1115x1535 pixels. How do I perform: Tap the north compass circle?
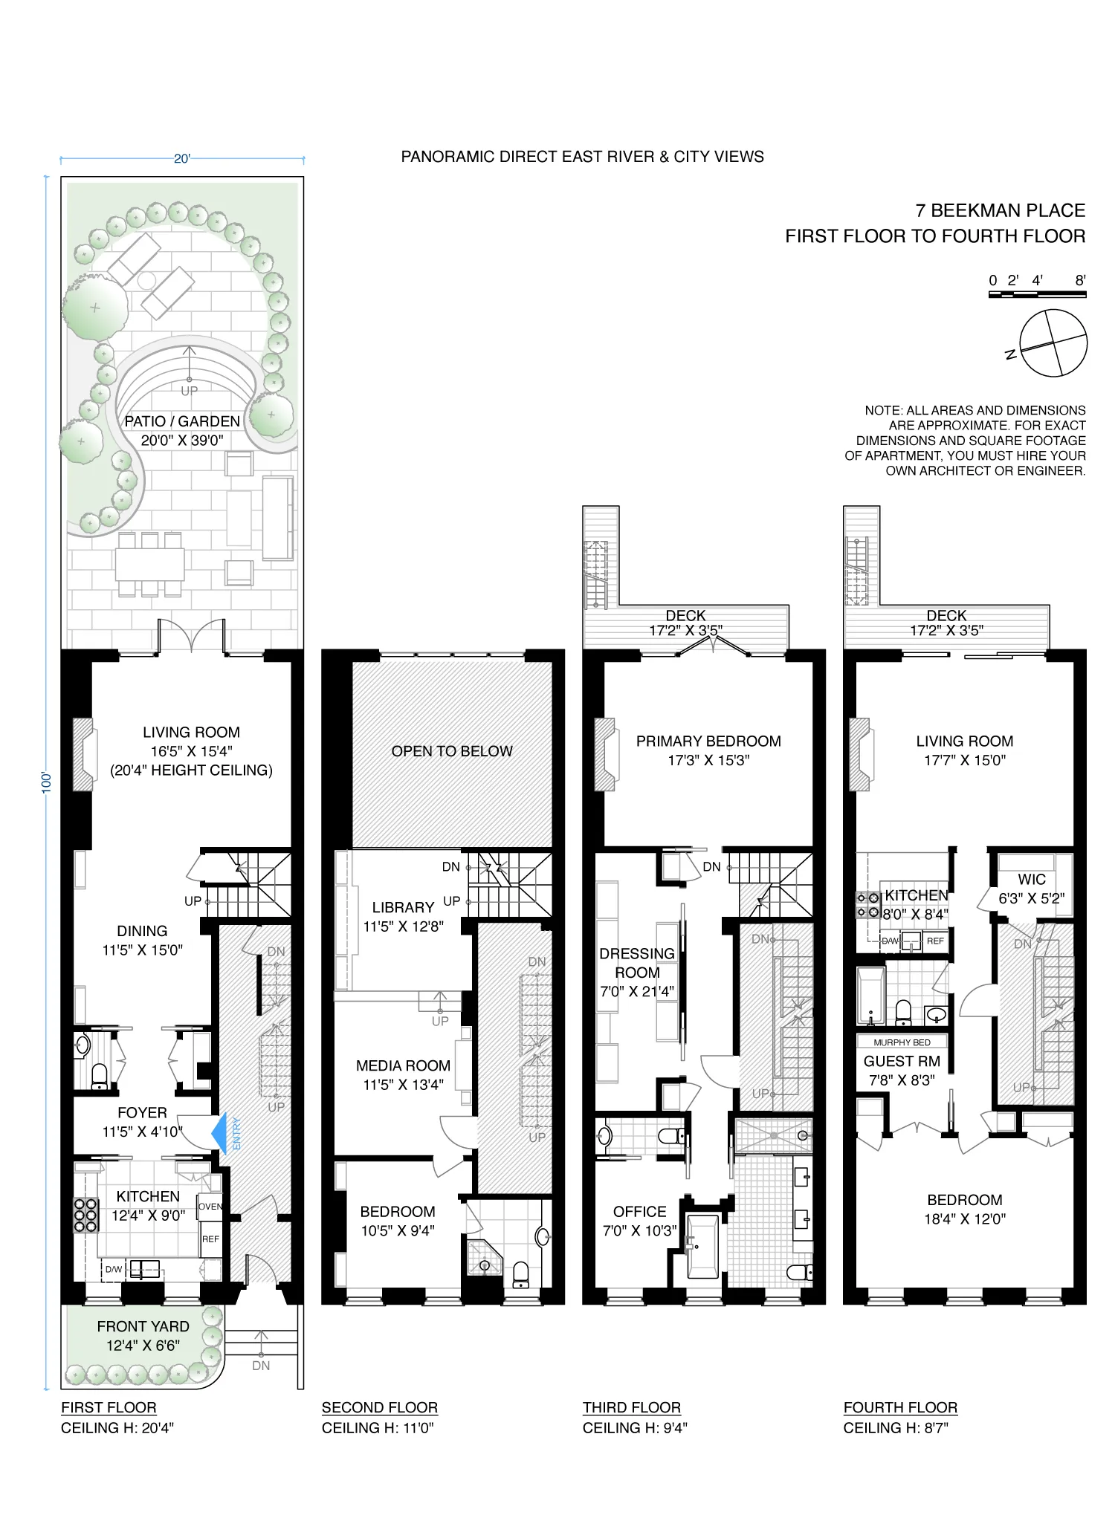pos(1053,343)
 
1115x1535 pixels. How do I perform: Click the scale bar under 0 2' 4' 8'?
pos(1037,295)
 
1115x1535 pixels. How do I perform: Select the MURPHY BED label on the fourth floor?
pos(902,1042)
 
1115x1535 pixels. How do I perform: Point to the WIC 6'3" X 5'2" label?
pos(1031,889)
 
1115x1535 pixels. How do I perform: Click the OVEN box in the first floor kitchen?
pos(210,1207)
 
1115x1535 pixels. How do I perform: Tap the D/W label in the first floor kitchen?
pos(113,1270)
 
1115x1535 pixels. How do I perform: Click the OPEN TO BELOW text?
pos(452,751)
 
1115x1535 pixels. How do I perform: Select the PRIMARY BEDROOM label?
pos(708,741)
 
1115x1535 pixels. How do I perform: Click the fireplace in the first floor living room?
pos(83,754)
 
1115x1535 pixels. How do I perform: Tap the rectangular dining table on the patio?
pos(149,565)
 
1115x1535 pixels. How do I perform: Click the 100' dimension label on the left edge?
pos(46,782)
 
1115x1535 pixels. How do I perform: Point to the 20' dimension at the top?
pos(182,158)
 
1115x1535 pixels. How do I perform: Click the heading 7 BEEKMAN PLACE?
pos(1000,210)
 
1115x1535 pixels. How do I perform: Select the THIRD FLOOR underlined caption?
pos(631,1408)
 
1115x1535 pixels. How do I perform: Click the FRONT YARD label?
pos(143,1327)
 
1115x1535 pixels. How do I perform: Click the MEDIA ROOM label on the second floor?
pos(403,1066)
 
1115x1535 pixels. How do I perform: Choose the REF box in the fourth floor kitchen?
pos(935,941)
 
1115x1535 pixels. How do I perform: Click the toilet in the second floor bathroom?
pos(520,1273)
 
